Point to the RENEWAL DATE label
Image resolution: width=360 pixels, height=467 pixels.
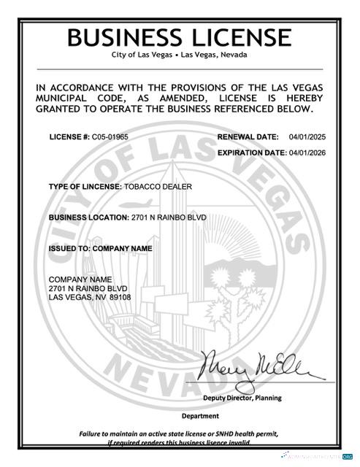coord(248,137)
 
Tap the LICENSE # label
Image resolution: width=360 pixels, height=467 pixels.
coord(69,137)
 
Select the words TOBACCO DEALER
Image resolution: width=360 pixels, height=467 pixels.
coord(158,187)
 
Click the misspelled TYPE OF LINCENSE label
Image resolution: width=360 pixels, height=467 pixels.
coord(85,187)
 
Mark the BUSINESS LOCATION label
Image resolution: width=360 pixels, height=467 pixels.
coord(88,217)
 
